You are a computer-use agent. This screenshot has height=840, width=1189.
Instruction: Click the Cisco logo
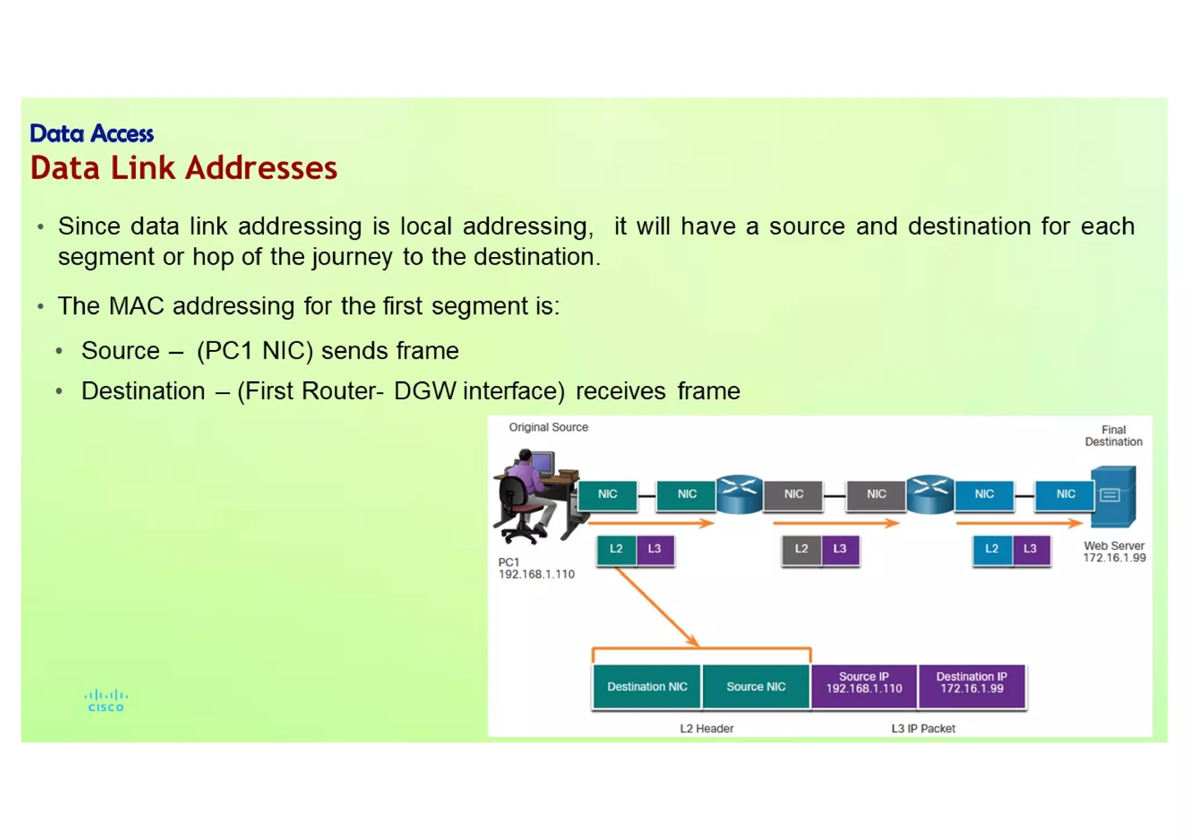pyautogui.click(x=106, y=700)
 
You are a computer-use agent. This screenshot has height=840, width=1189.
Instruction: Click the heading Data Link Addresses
pyautogui.click(x=183, y=168)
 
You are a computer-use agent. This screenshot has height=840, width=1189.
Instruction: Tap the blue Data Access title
pyautogui.click(x=92, y=134)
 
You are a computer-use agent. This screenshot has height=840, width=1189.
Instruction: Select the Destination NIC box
pyautogui.click(x=647, y=686)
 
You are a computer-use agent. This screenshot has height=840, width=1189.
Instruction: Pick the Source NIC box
pyautogui.click(x=755, y=686)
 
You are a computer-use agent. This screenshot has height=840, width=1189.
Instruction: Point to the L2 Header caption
pyautogui.click(x=707, y=728)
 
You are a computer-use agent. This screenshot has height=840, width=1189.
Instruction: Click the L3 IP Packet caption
pyautogui.click(x=923, y=728)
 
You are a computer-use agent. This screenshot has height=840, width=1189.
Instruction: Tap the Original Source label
pyautogui.click(x=548, y=427)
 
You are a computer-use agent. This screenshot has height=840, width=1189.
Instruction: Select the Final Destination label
pyautogui.click(x=1113, y=435)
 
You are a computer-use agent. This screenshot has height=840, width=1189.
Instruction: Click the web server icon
pyautogui.click(x=1113, y=496)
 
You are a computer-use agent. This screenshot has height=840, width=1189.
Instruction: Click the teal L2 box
pyautogui.click(x=616, y=549)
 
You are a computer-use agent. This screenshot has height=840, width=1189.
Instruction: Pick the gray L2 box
pyautogui.click(x=801, y=549)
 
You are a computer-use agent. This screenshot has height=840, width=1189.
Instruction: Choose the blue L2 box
pyautogui.click(x=992, y=549)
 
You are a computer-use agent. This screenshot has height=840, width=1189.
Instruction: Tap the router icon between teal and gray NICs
pyautogui.click(x=739, y=494)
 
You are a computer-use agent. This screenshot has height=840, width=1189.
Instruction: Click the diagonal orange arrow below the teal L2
pyautogui.click(x=656, y=607)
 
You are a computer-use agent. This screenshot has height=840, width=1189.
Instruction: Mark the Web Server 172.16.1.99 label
pyautogui.click(x=1114, y=551)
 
